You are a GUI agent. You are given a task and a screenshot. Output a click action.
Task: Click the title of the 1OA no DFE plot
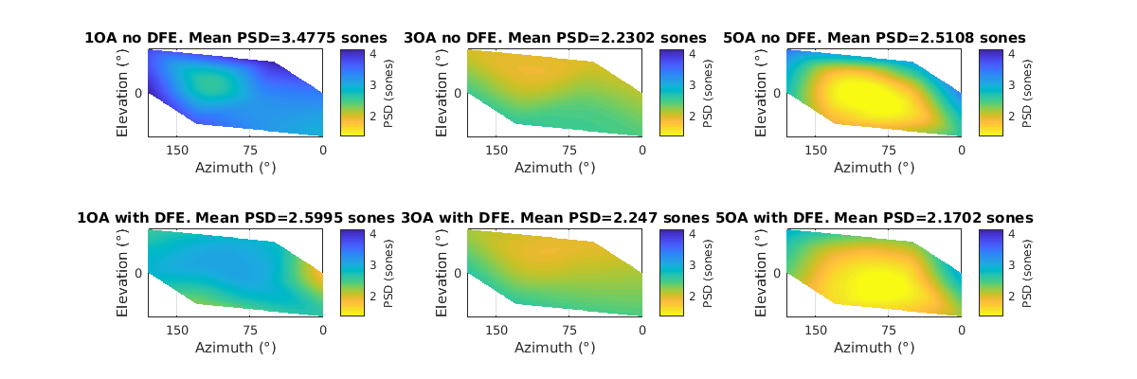pos(228,38)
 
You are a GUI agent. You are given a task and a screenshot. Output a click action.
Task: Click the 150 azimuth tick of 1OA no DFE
pos(177,150)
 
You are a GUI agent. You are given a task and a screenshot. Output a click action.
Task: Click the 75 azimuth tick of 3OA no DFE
pos(569,150)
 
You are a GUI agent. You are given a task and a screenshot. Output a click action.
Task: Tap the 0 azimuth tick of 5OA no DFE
pos(961,150)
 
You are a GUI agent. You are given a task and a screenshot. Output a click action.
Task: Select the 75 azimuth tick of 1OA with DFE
pos(250,330)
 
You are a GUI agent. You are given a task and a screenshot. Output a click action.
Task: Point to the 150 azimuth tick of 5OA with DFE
pos(816,330)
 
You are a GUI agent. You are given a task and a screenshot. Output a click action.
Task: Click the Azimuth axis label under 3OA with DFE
pos(555,348)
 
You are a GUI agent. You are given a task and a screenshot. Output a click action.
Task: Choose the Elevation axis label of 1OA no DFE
pos(123,93)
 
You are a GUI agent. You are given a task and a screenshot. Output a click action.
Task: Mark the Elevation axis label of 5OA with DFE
pos(762,273)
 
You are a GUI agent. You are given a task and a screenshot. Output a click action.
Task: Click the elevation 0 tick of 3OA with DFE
pos(458,273)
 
